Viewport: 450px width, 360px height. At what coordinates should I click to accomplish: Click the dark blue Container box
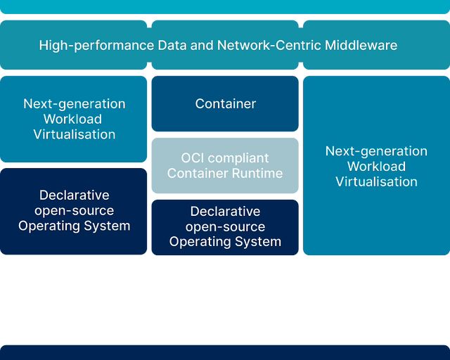[225, 104]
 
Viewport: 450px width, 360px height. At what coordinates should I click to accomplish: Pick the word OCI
[193, 158]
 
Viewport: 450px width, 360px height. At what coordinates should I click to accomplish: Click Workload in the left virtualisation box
[73, 120]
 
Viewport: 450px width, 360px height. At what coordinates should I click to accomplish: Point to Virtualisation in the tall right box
[376, 181]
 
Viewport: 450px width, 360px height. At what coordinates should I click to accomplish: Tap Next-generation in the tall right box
[376, 151]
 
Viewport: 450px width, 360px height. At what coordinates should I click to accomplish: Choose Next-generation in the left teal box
[74, 104]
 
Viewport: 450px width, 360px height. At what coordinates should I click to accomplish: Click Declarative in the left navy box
[74, 195]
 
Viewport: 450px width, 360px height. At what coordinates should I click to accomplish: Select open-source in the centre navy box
[225, 226]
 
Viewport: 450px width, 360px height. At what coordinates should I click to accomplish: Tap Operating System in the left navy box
[74, 226]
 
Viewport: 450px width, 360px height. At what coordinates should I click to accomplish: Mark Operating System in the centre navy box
[225, 242]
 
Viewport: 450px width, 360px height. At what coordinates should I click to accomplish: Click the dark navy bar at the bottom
[225, 353]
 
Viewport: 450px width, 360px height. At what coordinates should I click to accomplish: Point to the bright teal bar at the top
[225, 6]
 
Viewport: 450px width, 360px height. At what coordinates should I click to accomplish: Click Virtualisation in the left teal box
[74, 134]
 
